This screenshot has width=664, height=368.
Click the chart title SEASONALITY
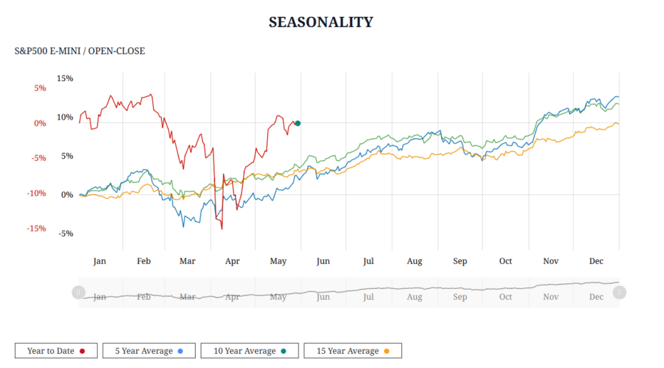coord(321,22)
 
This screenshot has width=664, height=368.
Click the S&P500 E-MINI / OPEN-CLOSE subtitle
coord(80,51)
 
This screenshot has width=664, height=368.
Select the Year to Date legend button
coord(56,351)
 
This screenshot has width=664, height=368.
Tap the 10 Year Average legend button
coord(250,351)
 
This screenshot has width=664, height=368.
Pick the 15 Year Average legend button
coord(353,351)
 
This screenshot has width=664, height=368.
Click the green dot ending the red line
coord(298,123)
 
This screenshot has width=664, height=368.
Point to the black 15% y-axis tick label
coord(65,78)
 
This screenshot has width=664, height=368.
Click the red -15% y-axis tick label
coord(36,228)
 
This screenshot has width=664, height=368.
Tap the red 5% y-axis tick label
coord(40,88)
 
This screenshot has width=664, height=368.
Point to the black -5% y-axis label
coord(65,233)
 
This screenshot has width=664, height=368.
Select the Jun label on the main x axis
coord(323,261)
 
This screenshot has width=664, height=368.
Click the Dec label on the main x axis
coord(596,261)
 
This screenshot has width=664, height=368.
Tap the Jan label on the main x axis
coord(99,261)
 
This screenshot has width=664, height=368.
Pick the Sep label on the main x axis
coord(460,261)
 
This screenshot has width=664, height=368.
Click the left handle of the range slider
coord(78,292)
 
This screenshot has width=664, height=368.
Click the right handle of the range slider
coord(619,292)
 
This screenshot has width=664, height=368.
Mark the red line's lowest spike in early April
coord(222,229)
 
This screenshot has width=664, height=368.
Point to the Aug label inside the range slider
coord(414,297)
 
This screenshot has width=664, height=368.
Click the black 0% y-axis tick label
coord(67,194)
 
